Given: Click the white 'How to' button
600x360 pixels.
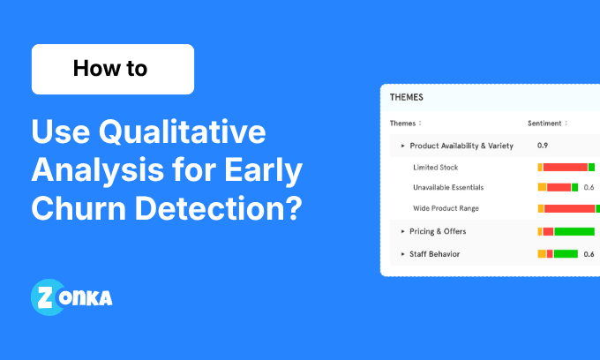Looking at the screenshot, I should coord(112,69).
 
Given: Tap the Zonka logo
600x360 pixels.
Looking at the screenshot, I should coord(71,296).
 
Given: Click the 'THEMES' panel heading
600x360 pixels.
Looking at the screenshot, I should coord(407,98).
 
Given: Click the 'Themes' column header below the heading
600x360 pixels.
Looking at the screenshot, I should coord(405,124).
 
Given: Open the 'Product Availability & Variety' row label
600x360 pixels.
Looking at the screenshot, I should coord(461,146).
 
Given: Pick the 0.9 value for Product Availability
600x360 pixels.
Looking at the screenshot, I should coord(542,146).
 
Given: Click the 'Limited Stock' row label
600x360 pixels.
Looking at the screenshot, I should coord(435,167).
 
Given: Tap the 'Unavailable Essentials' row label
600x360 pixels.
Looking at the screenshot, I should coord(447,187).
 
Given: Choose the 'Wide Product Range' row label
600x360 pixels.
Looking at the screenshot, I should coord(445,209).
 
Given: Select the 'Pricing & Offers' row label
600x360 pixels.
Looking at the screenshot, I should coord(438,231).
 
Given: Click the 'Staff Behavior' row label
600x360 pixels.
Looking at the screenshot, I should coord(435,254).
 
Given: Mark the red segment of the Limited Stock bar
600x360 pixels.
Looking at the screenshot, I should coord(565,167).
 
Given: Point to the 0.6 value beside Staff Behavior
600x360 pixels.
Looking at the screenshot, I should coord(589,254).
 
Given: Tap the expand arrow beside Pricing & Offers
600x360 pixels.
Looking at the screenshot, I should coord(402,231).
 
